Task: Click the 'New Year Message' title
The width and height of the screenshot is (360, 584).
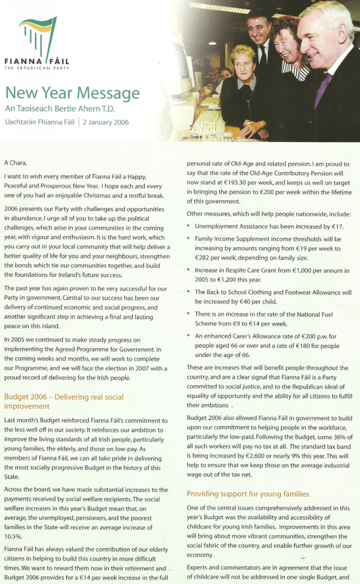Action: pos(72,93)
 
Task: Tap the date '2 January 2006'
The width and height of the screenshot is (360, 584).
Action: pos(106,122)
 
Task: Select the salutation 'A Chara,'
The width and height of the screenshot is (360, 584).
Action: pos(18,162)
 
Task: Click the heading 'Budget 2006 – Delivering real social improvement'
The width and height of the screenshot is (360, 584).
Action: pos(64,402)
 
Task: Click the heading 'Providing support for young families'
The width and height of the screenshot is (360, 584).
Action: pos(248,493)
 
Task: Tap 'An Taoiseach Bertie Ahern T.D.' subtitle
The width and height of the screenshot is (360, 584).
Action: pos(60,109)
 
